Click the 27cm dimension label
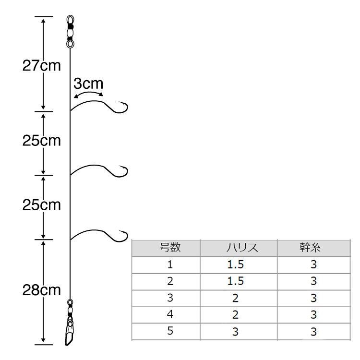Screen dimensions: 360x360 [42, 66]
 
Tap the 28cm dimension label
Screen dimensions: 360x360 [42, 290]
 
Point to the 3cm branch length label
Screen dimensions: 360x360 [88, 84]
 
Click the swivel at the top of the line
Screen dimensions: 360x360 [70, 32]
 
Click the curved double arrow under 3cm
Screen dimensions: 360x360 [88, 93]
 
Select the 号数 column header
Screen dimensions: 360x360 [170, 248]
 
